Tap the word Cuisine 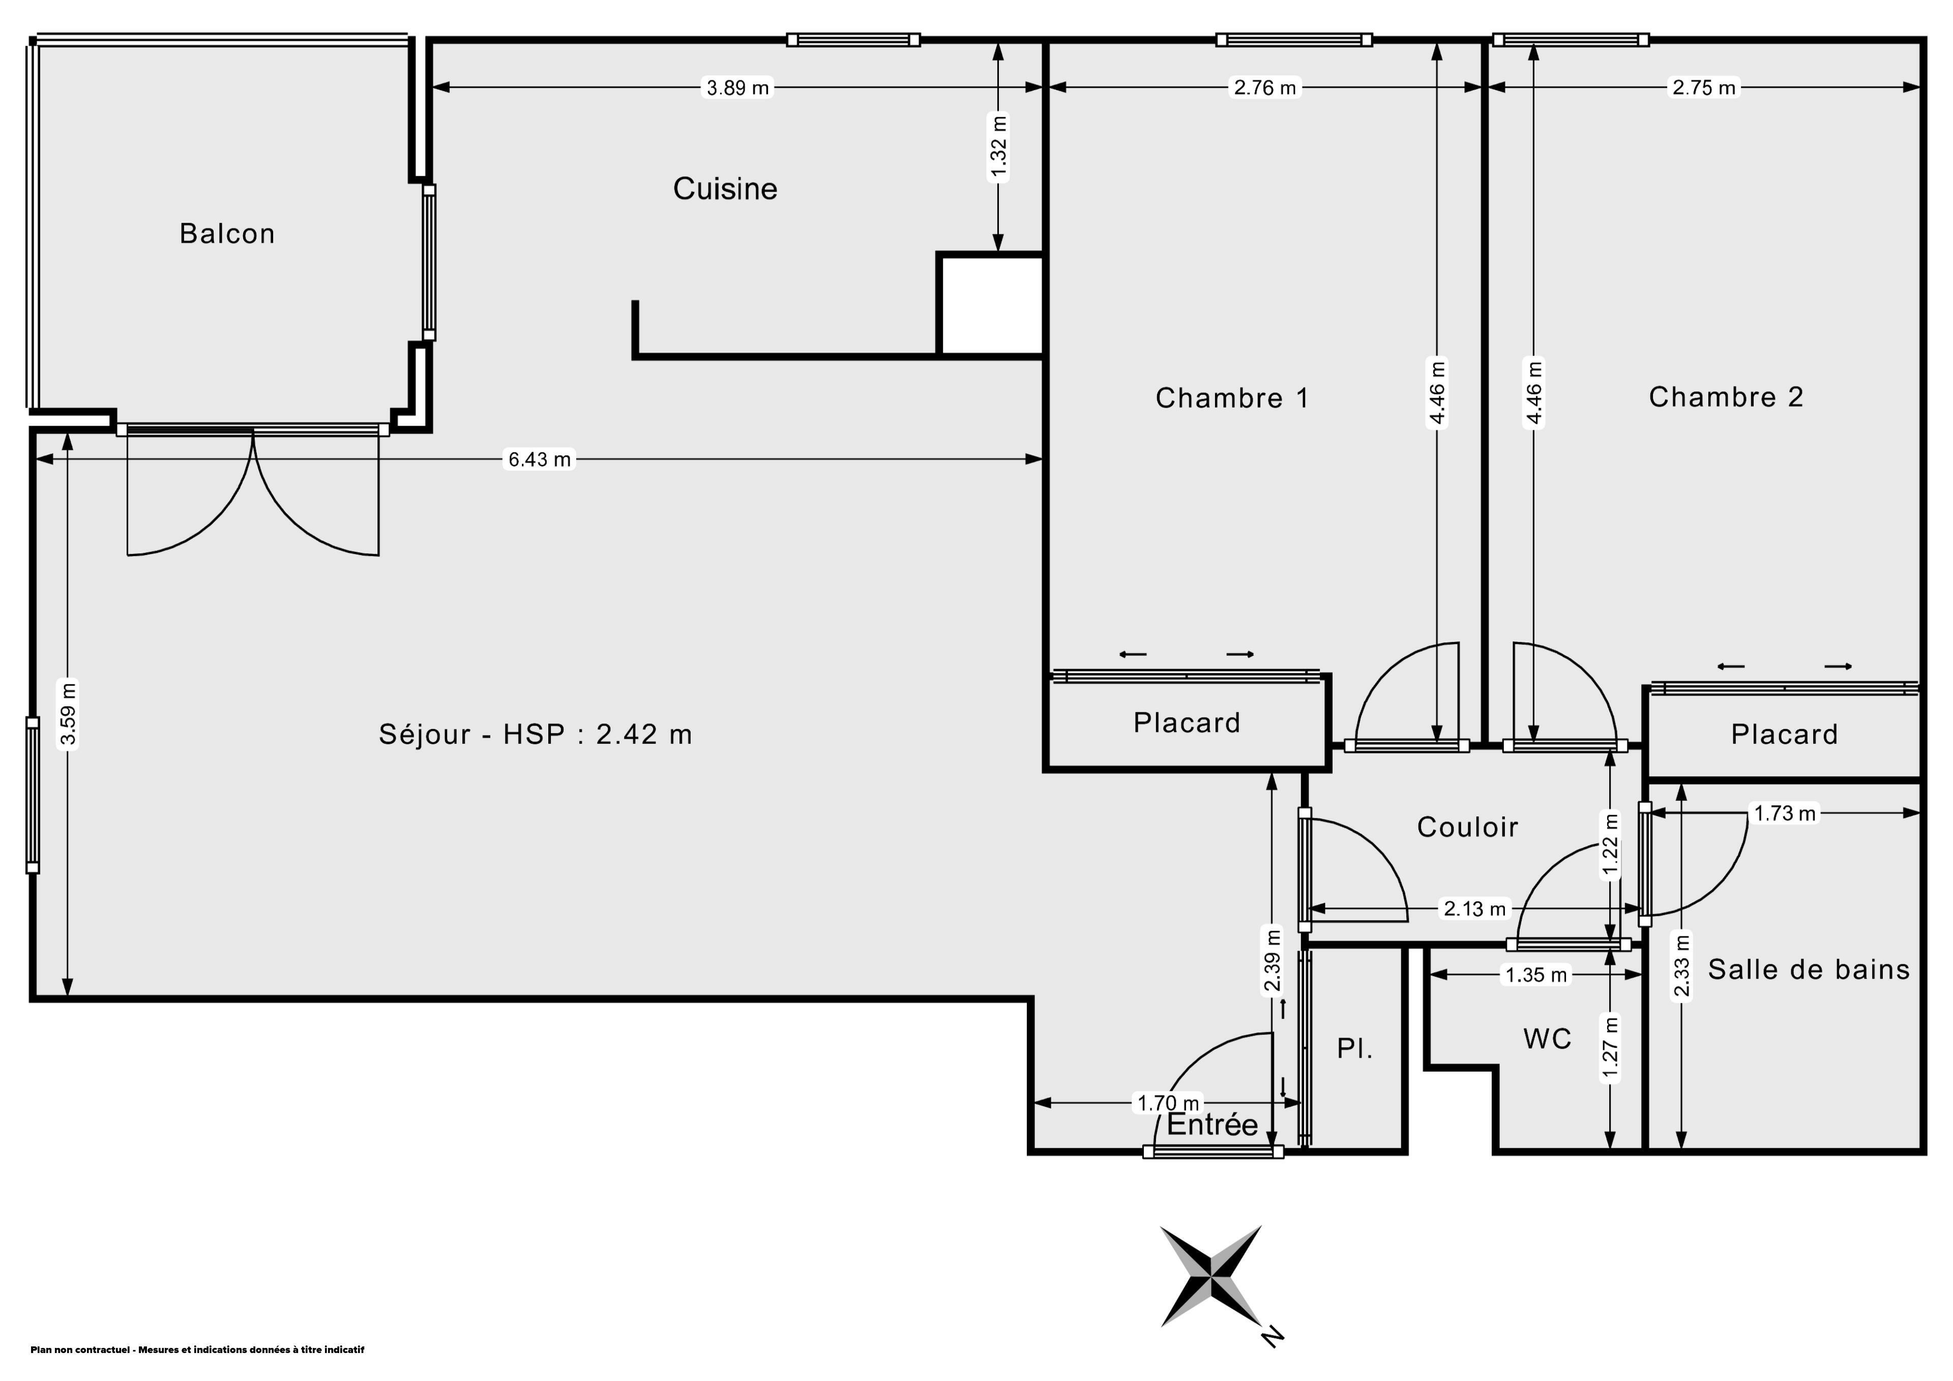pyautogui.click(x=725, y=188)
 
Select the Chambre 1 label pyautogui.click(x=1232, y=397)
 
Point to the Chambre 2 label pyautogui.click(x=1726, y=397)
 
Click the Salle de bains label pyautogui.click(x=1809, y=969)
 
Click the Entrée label pyautogui.click(x=1212, y=1124)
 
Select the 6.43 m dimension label pyautogui.click(x=539, y=459)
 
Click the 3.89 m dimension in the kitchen pyautogui.click(x=737, y=87)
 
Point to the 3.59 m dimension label pyautogui.click(x=68, y=713)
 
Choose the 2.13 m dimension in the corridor pyautogui.click(x=1474, y=909)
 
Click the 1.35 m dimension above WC pyautogui.click(x=1535, y=974)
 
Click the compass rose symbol pyautogui.click(x=1210, y=1276)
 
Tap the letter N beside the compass pyautogui.click(x=1271, y=1336)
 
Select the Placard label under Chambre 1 pyautogui.click(x=1187, y=722)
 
